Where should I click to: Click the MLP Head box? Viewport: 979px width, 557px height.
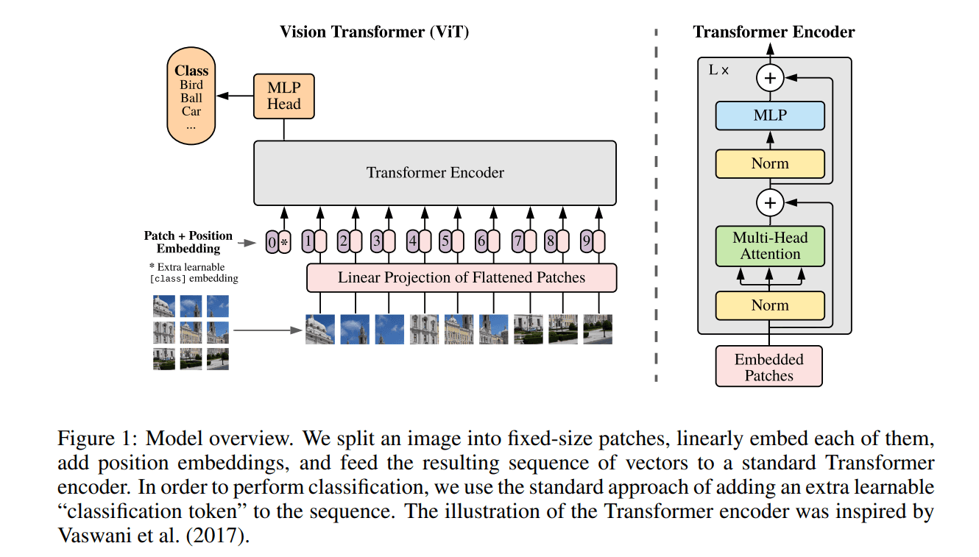pos(283,96)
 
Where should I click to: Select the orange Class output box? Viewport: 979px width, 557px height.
pos(191,96)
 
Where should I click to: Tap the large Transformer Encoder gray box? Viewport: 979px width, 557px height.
pos(435,173)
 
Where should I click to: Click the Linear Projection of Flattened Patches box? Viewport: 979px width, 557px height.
pos(462,278)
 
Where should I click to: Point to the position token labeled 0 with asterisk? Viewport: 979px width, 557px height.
pos(278,241)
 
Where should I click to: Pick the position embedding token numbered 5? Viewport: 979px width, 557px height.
pos(450,241)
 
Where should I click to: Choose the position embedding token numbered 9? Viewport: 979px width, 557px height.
pos(593,241)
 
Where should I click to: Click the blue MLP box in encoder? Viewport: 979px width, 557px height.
pos(770,116)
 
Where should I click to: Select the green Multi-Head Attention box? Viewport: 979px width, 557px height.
pos(770,246)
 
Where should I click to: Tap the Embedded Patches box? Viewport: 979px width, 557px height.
pos(769,367)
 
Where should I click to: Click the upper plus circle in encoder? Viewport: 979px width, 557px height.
pos(770,78)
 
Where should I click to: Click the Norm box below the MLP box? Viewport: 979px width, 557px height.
pos(770,163)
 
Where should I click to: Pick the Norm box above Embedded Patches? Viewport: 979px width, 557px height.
pos(770,305)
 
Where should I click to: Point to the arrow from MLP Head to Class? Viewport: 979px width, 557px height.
pos(234,96)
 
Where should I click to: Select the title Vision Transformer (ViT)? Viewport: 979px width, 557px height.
pos(374,32)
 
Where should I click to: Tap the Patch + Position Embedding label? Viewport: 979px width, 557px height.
pos(188,242)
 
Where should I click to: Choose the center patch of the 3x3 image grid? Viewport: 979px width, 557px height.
pos(191,333)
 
